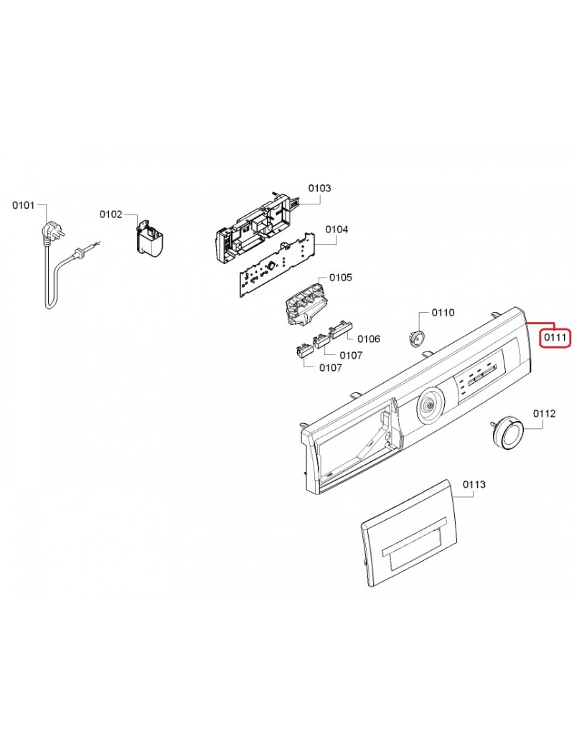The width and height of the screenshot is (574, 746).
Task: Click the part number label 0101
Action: (x=23, y=207)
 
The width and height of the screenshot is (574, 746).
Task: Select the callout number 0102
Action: (x=110, y=214)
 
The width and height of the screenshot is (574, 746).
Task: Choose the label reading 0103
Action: (x=319, y=188)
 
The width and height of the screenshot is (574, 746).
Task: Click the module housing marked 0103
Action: (x=255, y=226)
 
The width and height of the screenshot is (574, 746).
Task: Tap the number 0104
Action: (x=337, y=230)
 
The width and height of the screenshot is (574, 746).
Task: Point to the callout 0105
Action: (x=340, y=277)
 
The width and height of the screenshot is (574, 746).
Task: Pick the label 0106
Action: (x=369, y=339)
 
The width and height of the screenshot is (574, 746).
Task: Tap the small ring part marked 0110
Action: (x=415, y=337)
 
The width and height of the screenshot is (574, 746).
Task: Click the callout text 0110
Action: (x=443, y=313)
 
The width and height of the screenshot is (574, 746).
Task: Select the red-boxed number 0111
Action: (x=555, y=336)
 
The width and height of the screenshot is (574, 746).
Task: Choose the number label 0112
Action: (x=544, y=413)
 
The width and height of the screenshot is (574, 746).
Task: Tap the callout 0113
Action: (x=474, y=484)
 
